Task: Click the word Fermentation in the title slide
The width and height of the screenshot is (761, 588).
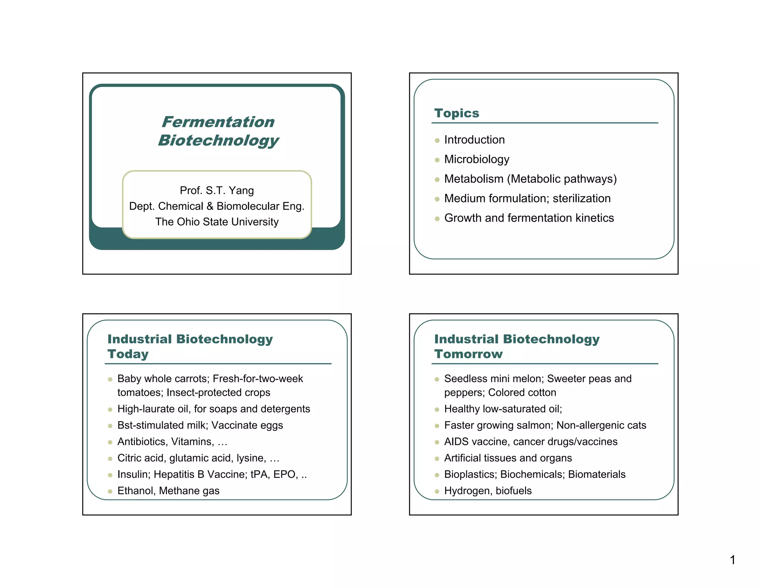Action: click(218, 122)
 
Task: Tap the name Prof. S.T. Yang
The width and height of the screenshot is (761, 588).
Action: click(217, 190)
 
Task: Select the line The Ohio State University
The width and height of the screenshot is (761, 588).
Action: click(217, 222)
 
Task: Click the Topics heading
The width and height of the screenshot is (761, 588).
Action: click(457, 113)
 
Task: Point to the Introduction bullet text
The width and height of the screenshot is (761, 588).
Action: click(475, 140)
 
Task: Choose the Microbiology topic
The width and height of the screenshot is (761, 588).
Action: click(477, 159)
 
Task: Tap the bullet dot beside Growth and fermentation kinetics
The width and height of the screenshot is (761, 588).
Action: click(437, 219)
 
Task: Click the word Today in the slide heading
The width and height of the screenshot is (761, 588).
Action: click(128, 354)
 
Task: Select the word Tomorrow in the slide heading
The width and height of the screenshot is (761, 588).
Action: click(469, 354)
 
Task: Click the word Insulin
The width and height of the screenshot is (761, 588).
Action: click(132, 474)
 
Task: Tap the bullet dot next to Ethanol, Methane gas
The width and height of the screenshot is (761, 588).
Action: click(110, 491)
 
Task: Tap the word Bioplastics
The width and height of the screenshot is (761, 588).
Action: click(470, 474)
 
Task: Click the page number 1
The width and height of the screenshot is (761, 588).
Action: click(732, 560)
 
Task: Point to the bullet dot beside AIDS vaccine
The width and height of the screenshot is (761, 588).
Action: click(437, 442)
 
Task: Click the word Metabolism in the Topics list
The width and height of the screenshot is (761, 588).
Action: click(474, 179)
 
